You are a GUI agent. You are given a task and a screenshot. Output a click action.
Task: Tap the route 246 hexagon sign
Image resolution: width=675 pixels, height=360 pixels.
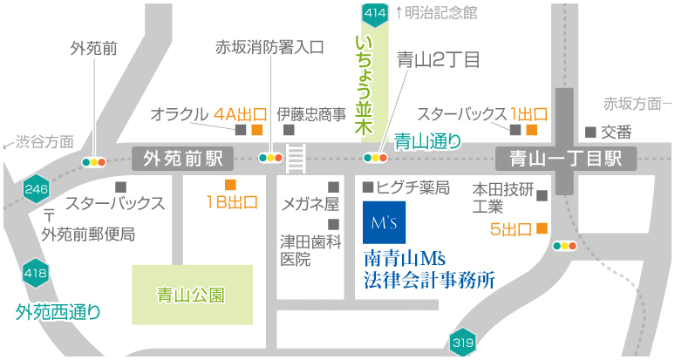coord(36,189)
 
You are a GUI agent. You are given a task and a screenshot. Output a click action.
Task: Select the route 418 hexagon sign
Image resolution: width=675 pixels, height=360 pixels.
coord(36,274)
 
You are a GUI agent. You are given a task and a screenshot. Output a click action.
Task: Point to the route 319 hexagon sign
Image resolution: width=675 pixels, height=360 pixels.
coord(462,343)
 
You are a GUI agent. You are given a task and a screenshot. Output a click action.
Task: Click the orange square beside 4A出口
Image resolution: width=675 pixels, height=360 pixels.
coord(256,130)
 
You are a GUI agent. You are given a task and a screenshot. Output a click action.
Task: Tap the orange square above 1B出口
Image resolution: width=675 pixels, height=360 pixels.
coord(230,184)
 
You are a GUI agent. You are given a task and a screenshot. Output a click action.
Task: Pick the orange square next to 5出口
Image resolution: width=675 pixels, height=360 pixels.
coord(542,229)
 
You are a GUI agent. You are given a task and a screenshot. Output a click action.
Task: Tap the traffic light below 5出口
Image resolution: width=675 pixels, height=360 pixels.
coord(565,246)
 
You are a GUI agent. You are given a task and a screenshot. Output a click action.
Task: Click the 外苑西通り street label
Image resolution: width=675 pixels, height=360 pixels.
coord(58,310)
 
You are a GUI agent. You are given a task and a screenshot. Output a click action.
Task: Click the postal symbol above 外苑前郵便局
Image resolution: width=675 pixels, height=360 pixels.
coord(49,215)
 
